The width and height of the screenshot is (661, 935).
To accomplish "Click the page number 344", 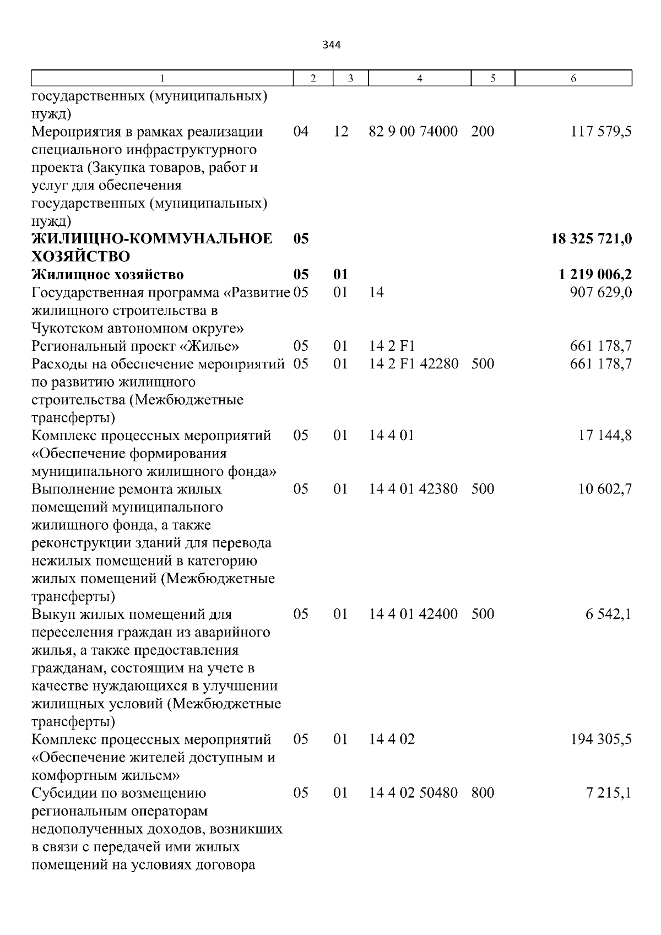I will tap(331, 45).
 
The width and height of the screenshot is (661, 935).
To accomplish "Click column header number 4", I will tap(420, 79).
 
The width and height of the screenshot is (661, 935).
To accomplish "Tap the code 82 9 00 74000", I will tap(413, 132).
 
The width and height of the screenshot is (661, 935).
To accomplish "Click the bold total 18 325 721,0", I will tap(592, 239).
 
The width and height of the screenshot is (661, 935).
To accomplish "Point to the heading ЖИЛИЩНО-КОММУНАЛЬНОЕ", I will tap(152, 239).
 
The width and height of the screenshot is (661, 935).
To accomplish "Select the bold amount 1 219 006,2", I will tap(595, 275).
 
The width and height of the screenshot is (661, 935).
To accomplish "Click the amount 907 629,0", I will tap(600, 292).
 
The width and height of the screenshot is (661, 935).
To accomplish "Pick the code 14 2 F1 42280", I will tap(413, 364).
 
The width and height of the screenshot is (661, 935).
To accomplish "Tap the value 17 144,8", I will tap(605, 436).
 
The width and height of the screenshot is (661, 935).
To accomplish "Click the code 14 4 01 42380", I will tap(413, 489).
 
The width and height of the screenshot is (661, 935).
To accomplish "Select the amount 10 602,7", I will tap(605, 489).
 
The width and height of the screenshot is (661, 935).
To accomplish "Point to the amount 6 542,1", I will tap(608, 614).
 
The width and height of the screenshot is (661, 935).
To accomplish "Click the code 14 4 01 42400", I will tap(413, 614).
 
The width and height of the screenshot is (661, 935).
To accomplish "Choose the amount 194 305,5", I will tap(600, 739).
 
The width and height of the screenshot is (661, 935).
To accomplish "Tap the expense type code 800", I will tap(483, 793).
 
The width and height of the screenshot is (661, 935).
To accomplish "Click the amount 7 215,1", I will tap(608, 793).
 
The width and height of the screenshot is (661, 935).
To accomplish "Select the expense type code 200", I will tap(483, 132).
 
